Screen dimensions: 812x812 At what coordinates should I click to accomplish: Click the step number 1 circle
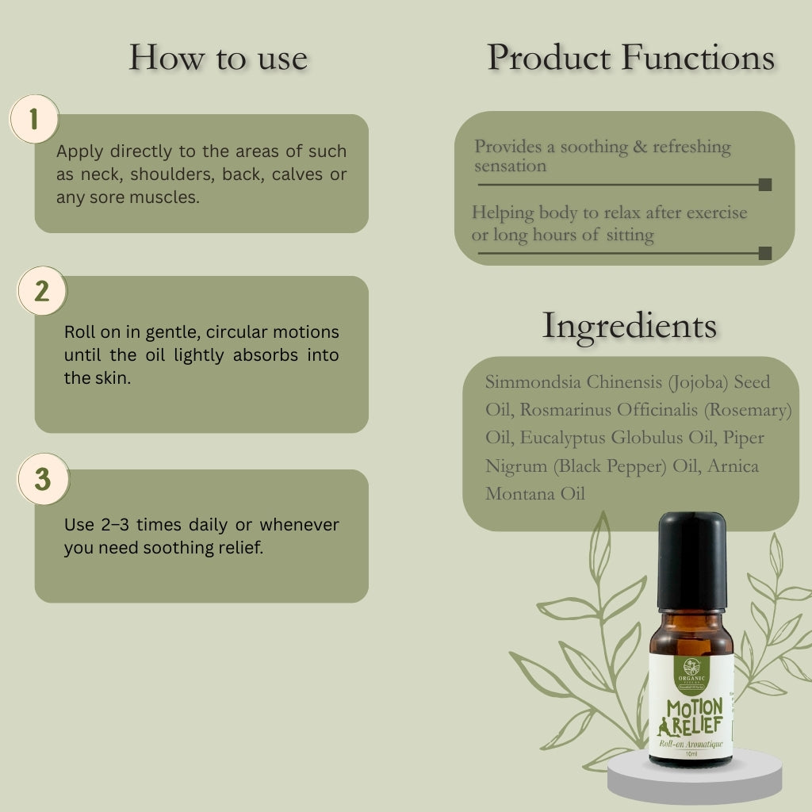coord(33,120)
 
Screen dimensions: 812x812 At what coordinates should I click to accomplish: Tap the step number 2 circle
coord(42,291)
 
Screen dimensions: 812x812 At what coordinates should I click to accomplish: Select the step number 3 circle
coord(43,480)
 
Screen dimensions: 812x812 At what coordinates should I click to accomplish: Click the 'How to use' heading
coord(218,58)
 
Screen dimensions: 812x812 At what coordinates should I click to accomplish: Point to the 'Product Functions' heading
coord(630,58)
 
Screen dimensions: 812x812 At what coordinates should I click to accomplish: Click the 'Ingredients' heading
coord(629,326)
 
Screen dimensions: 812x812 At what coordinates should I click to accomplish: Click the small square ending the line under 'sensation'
coord(764,185)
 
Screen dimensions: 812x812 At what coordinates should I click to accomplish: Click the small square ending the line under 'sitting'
coord(764,253)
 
